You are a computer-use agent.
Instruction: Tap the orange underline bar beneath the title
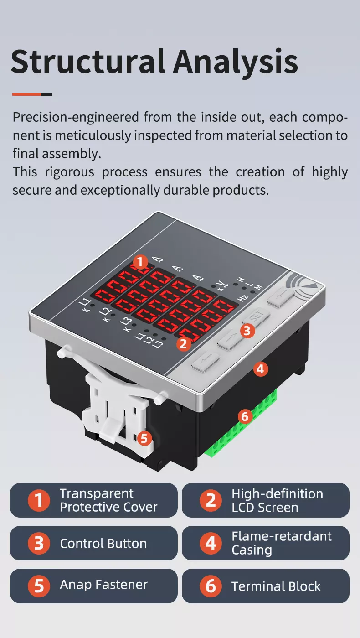[x=27, y=94]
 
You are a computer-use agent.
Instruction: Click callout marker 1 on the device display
[x=140, y=262]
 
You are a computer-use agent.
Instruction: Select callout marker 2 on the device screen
[x=183, y=343]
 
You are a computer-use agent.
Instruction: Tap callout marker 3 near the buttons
[x=247, y=331]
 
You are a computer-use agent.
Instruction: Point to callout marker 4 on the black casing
[x=260, y=369]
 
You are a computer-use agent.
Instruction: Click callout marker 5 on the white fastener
[x=144, y=438]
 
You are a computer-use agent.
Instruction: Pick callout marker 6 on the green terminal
[x=245, y=416]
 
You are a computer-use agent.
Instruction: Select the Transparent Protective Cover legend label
[x=108, y=500]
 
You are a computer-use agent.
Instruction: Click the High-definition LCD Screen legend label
[x=277, y=500]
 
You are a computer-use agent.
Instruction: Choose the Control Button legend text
[x=103, y=544]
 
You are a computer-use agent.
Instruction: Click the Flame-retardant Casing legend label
[x=281, y=543]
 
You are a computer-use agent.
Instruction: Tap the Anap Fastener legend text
[x=103, y=585]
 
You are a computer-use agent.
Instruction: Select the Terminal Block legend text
[x=276, y=586]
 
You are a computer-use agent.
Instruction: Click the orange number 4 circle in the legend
[x=211, y=543]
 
